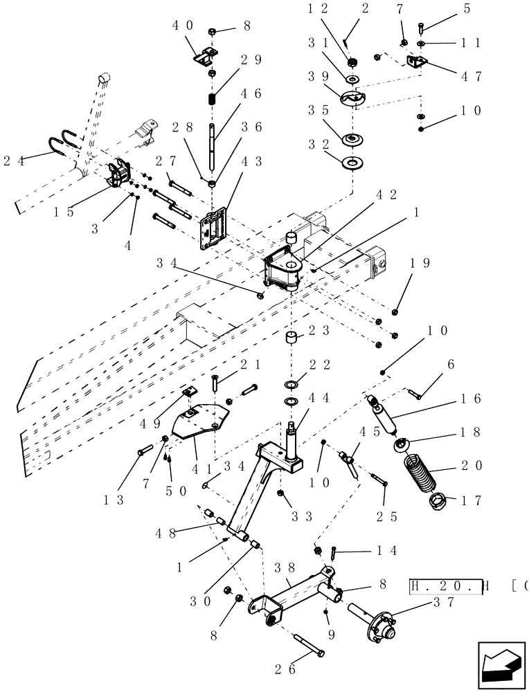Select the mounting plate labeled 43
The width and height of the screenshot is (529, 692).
pos(214,228)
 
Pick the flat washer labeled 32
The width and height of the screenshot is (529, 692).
pos(353,163)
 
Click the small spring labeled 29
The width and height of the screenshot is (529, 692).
pos(213,98)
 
